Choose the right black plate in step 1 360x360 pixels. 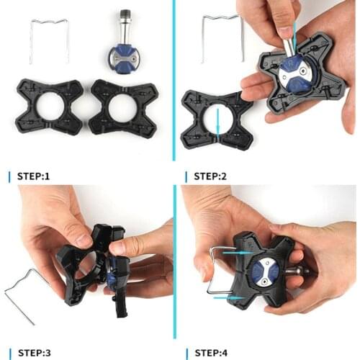123,108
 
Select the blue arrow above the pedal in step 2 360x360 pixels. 293,32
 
